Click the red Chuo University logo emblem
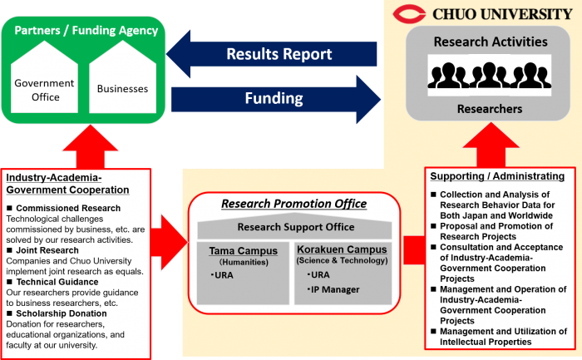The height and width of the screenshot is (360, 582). [409, 14]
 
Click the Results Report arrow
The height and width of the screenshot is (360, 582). [272, 54]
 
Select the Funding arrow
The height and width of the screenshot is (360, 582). [276, 99]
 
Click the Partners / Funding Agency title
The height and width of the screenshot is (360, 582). [86, 30]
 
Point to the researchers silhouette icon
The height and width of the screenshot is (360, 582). [489, 76]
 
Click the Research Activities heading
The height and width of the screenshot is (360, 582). [491, 42]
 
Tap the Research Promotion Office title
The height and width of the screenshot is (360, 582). [294, 204]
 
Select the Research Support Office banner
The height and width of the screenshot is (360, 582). [294, 226]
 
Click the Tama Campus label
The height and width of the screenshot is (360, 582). [243, 251]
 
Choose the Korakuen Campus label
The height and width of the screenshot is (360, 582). [342, 249]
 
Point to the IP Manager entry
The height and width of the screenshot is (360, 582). [333, 289]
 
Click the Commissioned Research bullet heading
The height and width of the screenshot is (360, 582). [64, 208]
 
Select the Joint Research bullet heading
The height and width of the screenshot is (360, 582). [43, 250]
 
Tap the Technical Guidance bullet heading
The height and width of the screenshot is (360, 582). [52, 282]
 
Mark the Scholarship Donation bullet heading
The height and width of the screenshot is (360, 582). [57, 313]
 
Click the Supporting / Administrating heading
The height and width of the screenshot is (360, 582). [497, 176]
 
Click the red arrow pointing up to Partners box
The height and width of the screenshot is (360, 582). [91, 146]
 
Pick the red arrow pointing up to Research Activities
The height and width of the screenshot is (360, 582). [491, 145]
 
